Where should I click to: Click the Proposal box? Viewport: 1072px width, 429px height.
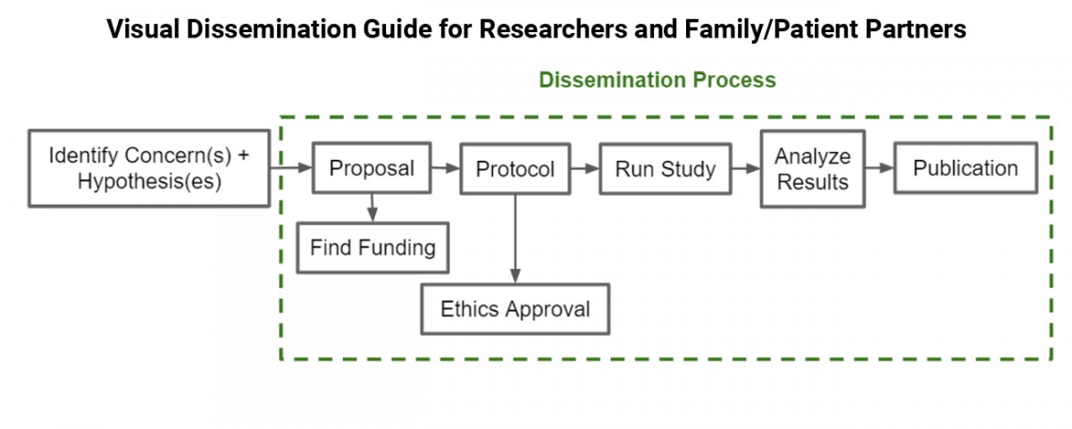(372, 168)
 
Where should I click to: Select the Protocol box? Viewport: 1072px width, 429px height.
(515, 169)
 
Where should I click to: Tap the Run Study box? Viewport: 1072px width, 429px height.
(665, 169)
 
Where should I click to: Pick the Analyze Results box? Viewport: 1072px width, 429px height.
(812, 169)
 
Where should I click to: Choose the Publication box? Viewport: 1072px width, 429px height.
(965, 168)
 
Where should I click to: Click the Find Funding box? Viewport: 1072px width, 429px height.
(373, 247)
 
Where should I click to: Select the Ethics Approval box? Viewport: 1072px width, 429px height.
(515, 309)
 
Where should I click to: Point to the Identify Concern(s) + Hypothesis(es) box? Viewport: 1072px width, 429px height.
(149, 169)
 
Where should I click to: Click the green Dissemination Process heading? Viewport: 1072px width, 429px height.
(657, 80)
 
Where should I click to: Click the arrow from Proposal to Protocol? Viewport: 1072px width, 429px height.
(445, 167)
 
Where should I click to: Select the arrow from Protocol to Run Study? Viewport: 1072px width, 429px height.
(585, 167)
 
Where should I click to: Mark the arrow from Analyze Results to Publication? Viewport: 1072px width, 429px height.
(879, 167)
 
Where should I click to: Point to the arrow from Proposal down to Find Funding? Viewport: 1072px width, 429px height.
(373, 207)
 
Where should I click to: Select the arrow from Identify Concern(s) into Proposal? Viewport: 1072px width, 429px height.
(290, 167)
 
